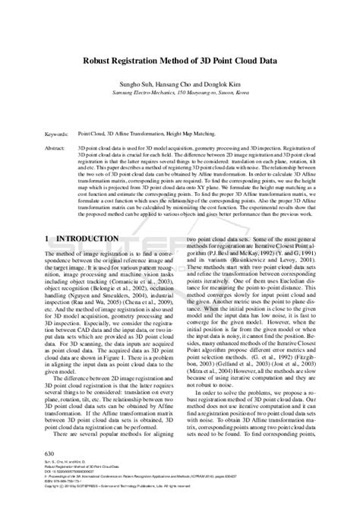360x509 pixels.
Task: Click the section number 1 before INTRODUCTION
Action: [x=49, y=238]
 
